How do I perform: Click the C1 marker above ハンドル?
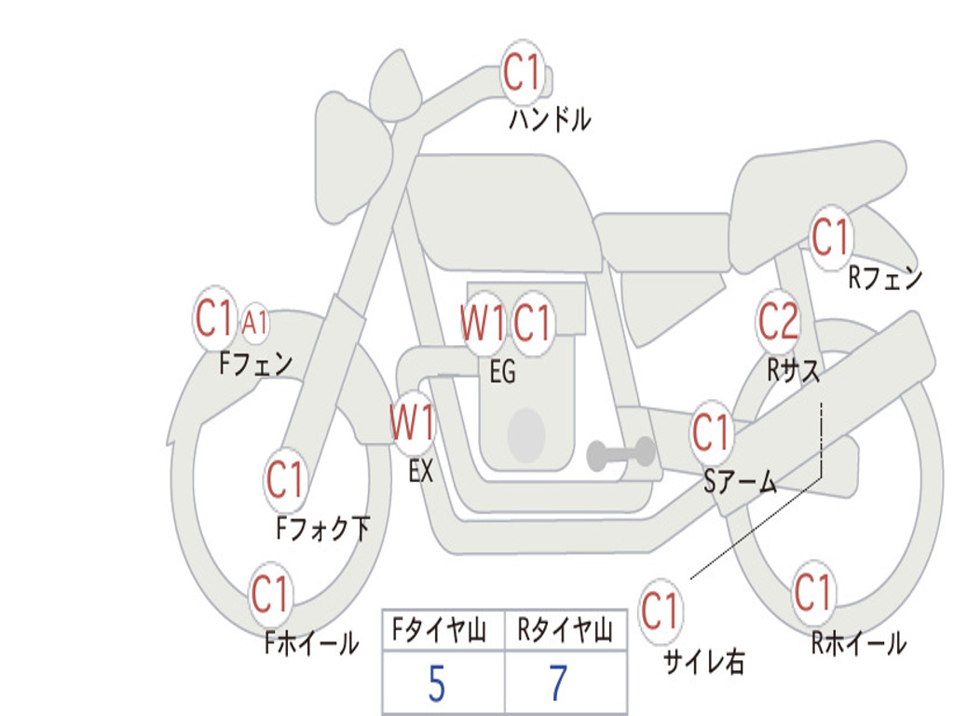point(522,73)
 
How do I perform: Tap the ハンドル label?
point(550,118)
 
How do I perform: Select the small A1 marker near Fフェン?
point(254,322)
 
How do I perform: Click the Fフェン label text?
point(256,364)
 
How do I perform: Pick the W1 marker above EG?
point(483,323)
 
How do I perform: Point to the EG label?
point(502,371)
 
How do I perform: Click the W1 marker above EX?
point(413,422)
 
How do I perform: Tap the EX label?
point(421,471)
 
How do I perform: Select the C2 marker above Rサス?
point(778,321)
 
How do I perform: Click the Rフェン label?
point(885,278)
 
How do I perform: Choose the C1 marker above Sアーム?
point(711,432)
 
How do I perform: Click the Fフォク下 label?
point(322,529)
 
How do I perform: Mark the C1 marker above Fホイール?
point(269,594)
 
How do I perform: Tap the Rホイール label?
point(858,643)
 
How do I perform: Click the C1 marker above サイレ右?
point(660,610)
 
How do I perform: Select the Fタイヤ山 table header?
point(439,630)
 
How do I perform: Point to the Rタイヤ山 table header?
point(565,630)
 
